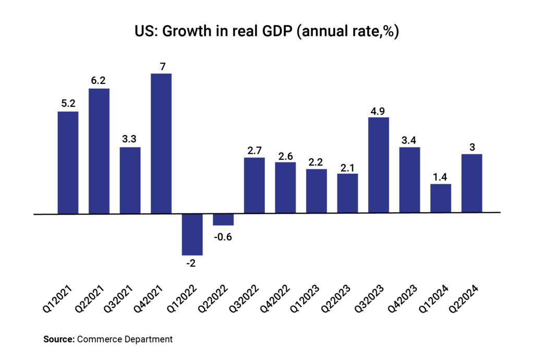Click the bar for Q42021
click(x=161, y=143)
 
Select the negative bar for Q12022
click(x=192, y=234)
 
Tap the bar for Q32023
click(x=379, y=165)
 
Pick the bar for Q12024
click(x=441, y=198)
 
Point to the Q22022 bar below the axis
click(x=223, y=220)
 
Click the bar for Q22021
click(x=99, y=151)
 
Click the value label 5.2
click(x=68, y=104)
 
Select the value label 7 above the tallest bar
click(x=161, y=66)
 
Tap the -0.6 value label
click(x=223, y=236)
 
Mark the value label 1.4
click(x=441, y=176)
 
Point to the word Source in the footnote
click(x=58, y=340)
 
